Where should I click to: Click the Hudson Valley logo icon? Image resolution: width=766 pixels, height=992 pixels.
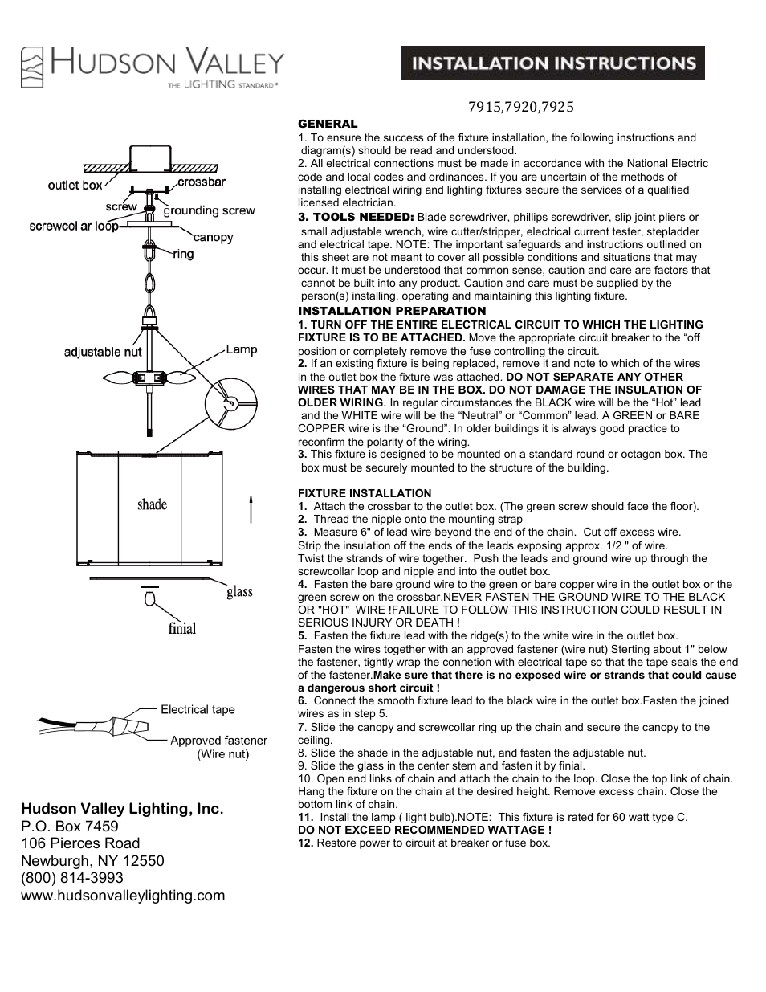(32, 67)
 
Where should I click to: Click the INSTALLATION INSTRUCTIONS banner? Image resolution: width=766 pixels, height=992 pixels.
(552, 63)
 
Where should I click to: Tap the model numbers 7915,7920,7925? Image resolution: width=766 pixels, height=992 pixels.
(521, 106)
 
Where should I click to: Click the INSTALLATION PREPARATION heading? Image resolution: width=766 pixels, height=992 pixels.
(392, 311)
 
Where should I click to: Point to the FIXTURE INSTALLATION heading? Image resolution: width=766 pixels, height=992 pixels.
(365, 493)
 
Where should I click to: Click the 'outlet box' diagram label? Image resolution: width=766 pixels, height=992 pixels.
(75, 185)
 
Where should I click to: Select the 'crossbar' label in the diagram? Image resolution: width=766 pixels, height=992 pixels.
(202, 182)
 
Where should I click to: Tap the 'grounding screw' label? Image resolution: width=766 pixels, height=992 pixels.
(210, 210)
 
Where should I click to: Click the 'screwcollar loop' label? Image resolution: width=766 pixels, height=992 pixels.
(74, 226)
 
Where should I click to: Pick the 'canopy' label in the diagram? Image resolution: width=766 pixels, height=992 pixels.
(213, 237)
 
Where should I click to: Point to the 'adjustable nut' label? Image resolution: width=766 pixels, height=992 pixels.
(103, 352)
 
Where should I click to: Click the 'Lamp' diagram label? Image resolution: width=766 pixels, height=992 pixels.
(241, 349)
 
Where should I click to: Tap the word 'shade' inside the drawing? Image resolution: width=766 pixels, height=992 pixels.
(152, 504)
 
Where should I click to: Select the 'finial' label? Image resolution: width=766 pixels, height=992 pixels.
(182, 628)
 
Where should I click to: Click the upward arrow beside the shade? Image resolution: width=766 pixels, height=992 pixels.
(251, 508)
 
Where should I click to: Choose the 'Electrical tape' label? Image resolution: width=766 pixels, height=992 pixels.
(198, 709)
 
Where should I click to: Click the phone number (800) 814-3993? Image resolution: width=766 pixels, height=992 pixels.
(72, 878)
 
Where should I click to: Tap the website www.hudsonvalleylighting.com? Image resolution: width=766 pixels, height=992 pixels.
(123, 896)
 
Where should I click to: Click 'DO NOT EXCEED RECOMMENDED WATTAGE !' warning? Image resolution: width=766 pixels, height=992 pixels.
(425, 830)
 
